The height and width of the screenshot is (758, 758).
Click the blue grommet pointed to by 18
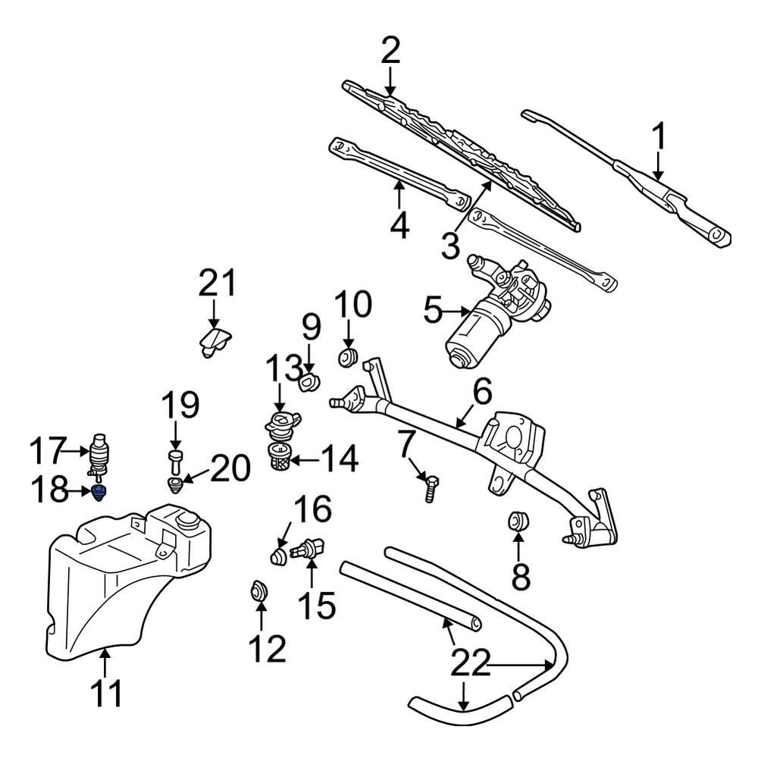tap(99, 493)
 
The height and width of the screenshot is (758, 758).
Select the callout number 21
tap(218, 284)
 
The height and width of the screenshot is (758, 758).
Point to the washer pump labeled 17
tap(99, 454)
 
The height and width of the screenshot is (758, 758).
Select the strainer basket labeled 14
tap(280, 457)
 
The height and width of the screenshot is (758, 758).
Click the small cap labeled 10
tap(348, 357)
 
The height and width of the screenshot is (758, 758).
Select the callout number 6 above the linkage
tap(482, 393)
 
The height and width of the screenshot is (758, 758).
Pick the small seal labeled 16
tap(280, 558)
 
